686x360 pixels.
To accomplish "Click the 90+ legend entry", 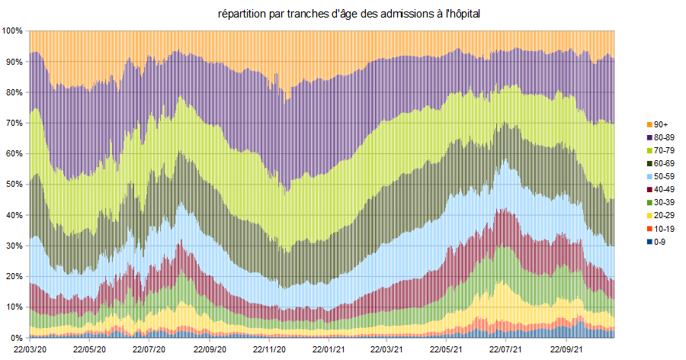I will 661,124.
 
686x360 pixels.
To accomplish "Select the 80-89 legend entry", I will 665,137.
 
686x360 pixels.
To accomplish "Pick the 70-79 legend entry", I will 665,150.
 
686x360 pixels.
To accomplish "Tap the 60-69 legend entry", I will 665,163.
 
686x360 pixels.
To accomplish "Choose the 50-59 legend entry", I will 665,176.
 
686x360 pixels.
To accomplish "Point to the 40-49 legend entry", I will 665,189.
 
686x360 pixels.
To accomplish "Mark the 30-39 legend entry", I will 665,202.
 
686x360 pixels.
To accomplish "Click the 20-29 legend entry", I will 665,215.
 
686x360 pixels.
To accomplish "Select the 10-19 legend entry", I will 665,228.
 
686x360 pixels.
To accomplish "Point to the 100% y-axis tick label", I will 13,31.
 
